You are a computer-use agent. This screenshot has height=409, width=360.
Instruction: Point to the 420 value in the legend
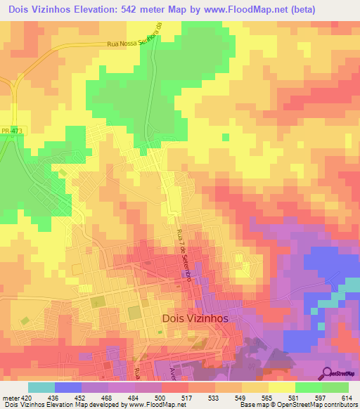tap(27, 398)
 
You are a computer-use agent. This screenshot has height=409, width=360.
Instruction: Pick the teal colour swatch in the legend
tap(41, 387)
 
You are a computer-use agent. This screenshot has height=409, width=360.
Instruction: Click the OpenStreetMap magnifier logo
tap(329, 372)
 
